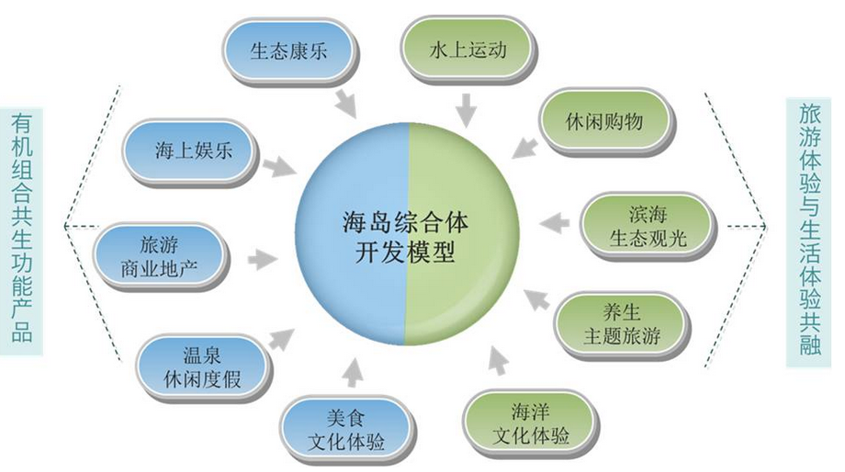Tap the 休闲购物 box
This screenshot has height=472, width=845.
[x=604, y=121]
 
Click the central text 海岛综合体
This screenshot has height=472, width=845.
[x=409, y=221]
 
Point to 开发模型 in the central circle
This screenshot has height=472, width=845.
[x=409, y=253]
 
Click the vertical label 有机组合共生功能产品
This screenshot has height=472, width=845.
[x=22, y=226]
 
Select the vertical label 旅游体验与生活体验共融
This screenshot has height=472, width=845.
[x=812, y=229]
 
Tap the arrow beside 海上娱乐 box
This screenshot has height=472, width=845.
[x=278, y=168]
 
